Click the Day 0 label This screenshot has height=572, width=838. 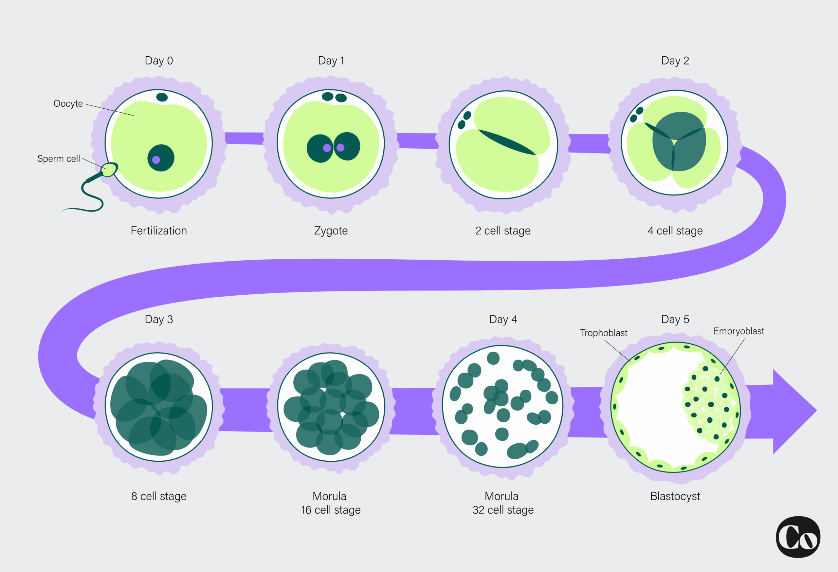159,61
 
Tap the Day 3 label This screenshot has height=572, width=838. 159,319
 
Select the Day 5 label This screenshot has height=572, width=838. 675,319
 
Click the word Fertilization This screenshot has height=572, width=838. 159,231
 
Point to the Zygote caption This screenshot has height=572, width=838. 331,231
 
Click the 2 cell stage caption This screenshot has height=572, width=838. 503,231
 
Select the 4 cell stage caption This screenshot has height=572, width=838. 675,231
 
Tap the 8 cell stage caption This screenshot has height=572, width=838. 159,496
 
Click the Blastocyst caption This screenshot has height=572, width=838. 675,496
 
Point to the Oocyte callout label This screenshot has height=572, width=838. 68,104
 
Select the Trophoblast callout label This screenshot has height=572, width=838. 604,333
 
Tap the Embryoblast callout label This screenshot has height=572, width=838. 738,331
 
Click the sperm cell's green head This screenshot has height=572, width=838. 109,169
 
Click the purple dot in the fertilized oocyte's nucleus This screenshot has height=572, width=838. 156,160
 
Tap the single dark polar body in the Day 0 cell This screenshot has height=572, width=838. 162,97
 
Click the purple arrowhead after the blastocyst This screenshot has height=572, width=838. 793,411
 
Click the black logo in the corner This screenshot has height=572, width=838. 798,537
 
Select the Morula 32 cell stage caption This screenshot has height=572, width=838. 503,503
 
